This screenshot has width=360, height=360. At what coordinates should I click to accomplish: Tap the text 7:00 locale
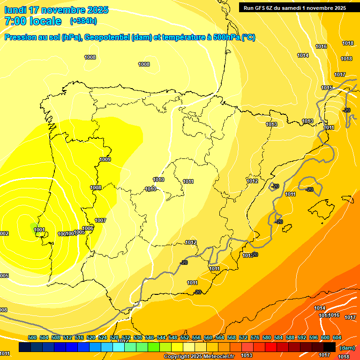(x=33, y=21)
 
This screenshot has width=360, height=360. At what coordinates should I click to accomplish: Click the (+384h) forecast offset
(x=83, y=21)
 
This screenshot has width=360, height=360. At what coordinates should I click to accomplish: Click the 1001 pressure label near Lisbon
(x=39, y=230)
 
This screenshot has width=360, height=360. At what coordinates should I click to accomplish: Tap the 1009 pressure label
(x=105, y=160)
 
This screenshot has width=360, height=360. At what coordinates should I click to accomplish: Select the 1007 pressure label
(x=100, y=220)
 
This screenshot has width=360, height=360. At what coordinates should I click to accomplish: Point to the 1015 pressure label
(x=327, y=88)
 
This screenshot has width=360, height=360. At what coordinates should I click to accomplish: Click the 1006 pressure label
(x=88, y=228)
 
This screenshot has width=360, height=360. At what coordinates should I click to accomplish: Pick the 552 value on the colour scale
(x=185, y=337)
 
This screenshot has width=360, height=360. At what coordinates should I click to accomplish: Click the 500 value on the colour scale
(x=32, y=337)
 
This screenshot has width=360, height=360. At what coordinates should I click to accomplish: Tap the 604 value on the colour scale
(x=337, y=337)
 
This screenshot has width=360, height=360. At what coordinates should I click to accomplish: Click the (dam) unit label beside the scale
(x=346, y=347)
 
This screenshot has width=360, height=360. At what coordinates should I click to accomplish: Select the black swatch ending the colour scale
(x=330, y=347)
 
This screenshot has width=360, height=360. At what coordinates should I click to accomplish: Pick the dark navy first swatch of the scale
(x=25, y=347)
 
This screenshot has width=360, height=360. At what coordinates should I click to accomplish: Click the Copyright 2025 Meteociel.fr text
(x=199, y=356)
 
